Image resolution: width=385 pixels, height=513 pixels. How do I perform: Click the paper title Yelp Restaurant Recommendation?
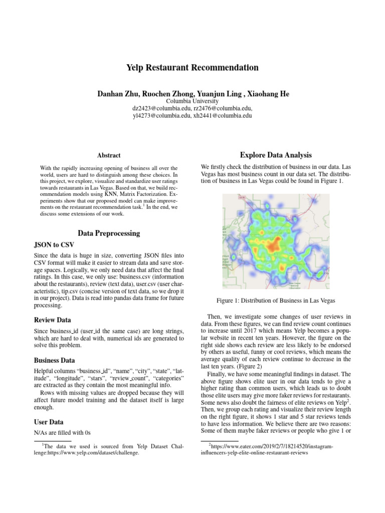click(192, 67)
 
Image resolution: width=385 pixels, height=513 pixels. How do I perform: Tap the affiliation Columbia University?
click(192, 101)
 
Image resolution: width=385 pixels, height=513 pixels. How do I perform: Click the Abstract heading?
click(108, 156)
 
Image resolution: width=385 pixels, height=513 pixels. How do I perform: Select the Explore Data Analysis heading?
click(276, 155)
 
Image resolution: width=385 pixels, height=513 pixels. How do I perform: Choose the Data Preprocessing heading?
click(108, 233)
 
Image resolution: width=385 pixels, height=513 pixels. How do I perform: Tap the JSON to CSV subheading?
click(54, 245)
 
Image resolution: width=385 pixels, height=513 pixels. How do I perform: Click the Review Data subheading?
click(52, 320)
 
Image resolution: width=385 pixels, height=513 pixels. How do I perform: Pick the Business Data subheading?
click(54, 360)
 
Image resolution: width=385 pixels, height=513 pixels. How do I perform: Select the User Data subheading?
click(49, 422)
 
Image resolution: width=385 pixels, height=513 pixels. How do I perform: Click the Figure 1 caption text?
click(276, 300)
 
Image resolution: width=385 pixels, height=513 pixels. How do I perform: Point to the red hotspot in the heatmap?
click(273, 246)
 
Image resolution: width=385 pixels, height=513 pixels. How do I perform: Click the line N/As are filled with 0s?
click(62, 432)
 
